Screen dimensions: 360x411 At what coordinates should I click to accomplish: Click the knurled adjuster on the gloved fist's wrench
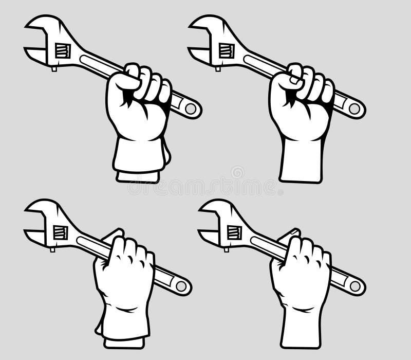tap(63, 50)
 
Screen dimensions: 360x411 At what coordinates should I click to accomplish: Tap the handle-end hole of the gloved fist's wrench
tap(191, 109)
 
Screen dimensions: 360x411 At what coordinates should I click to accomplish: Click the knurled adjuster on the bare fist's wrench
tap(227, 50)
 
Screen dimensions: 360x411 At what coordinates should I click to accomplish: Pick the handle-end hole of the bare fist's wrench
tap(354, 109)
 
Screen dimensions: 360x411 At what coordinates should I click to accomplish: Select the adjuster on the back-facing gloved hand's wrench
tap(61, 232)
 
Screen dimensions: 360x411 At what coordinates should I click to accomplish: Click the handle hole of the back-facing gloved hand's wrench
tap(181, 286)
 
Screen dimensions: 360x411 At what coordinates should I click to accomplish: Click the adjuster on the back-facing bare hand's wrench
tap(235, 232)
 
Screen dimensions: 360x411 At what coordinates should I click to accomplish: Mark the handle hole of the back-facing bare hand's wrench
tap(355, 286)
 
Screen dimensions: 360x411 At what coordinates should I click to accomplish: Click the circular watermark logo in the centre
tap(237, 172)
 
